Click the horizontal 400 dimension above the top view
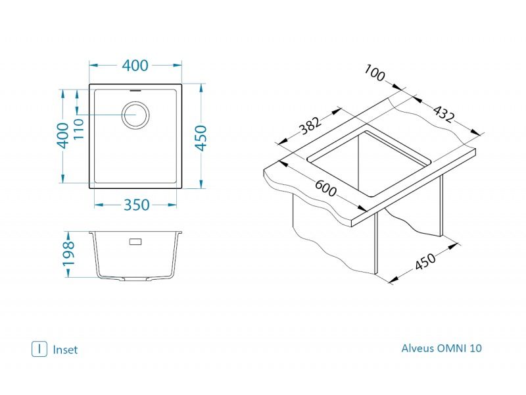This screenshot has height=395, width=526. tap(135, 65)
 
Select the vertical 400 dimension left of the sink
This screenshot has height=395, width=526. tap(63, 136)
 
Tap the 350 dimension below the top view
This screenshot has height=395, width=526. tap(137, 205)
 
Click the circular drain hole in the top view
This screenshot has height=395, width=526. tap(137, 115)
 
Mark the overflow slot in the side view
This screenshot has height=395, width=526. tap(136, 242)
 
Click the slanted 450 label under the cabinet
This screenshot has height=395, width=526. tap(427, 262)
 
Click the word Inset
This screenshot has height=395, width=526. tap(65, 350)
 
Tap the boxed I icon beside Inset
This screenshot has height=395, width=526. tap(40, 349)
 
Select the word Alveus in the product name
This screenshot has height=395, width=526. tap(418, 348)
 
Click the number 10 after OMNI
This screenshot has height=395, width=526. tap(476, 348)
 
